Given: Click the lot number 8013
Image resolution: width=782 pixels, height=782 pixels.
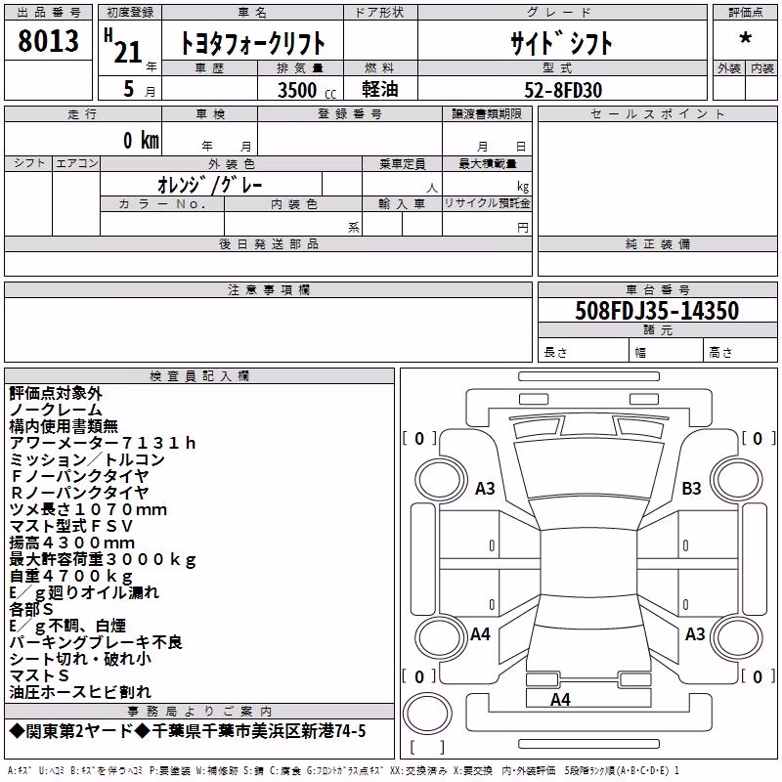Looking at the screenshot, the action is tap(48, 40).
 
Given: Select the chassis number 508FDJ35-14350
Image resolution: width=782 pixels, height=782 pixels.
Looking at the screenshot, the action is tap(657, 310).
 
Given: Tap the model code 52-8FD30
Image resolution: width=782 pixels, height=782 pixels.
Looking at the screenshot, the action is tap(563, 90).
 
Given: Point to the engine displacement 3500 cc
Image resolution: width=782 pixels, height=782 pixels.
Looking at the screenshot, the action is tap(307, 90).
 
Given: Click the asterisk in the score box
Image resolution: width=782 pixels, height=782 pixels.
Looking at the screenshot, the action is tap(745, 38).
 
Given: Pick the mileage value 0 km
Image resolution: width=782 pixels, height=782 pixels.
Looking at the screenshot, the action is tap(141, 140).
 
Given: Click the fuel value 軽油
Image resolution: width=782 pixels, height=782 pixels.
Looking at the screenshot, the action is tap(380, 89).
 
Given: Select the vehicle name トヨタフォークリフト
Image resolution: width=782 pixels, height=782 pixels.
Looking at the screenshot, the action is tap(252, 43).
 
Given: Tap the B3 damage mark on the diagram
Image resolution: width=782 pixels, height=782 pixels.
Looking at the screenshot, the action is tap(691, 488).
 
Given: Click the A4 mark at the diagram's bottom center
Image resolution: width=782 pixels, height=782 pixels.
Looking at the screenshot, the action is tap(560, 699).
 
